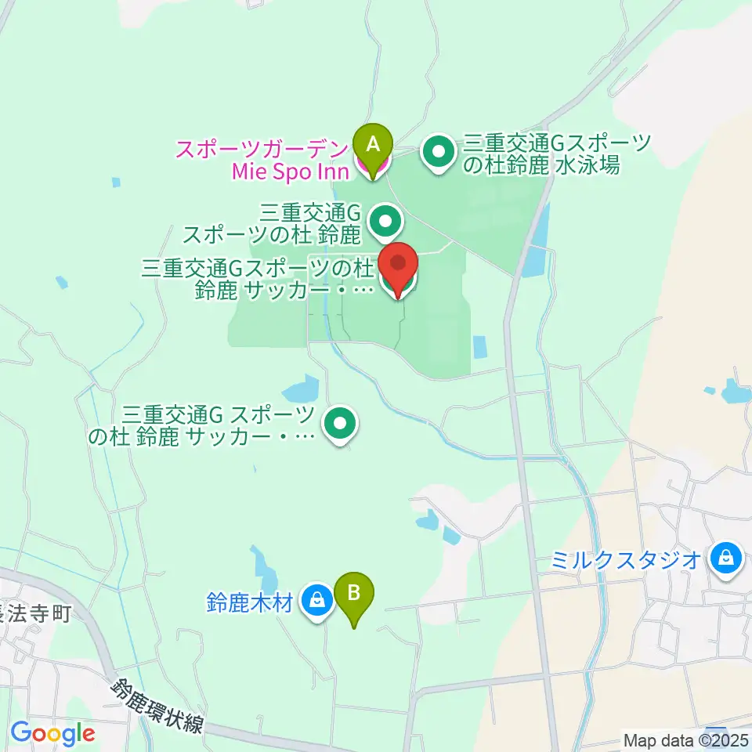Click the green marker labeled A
[x=373, y=144]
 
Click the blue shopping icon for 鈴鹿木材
[x=317, y=600]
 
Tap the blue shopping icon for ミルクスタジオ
[x=726, y=559]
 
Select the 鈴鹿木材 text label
[x=250, y=603]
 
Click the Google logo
[x=52, y=734]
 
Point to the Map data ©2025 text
[x=686, y=739]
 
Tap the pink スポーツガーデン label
[x=263, y=149]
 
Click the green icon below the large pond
[x=340, y=424]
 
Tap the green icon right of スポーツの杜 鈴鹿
[x=385, y=221]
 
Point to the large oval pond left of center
[x=299, y=389]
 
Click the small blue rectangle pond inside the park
[x=480, y=346]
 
